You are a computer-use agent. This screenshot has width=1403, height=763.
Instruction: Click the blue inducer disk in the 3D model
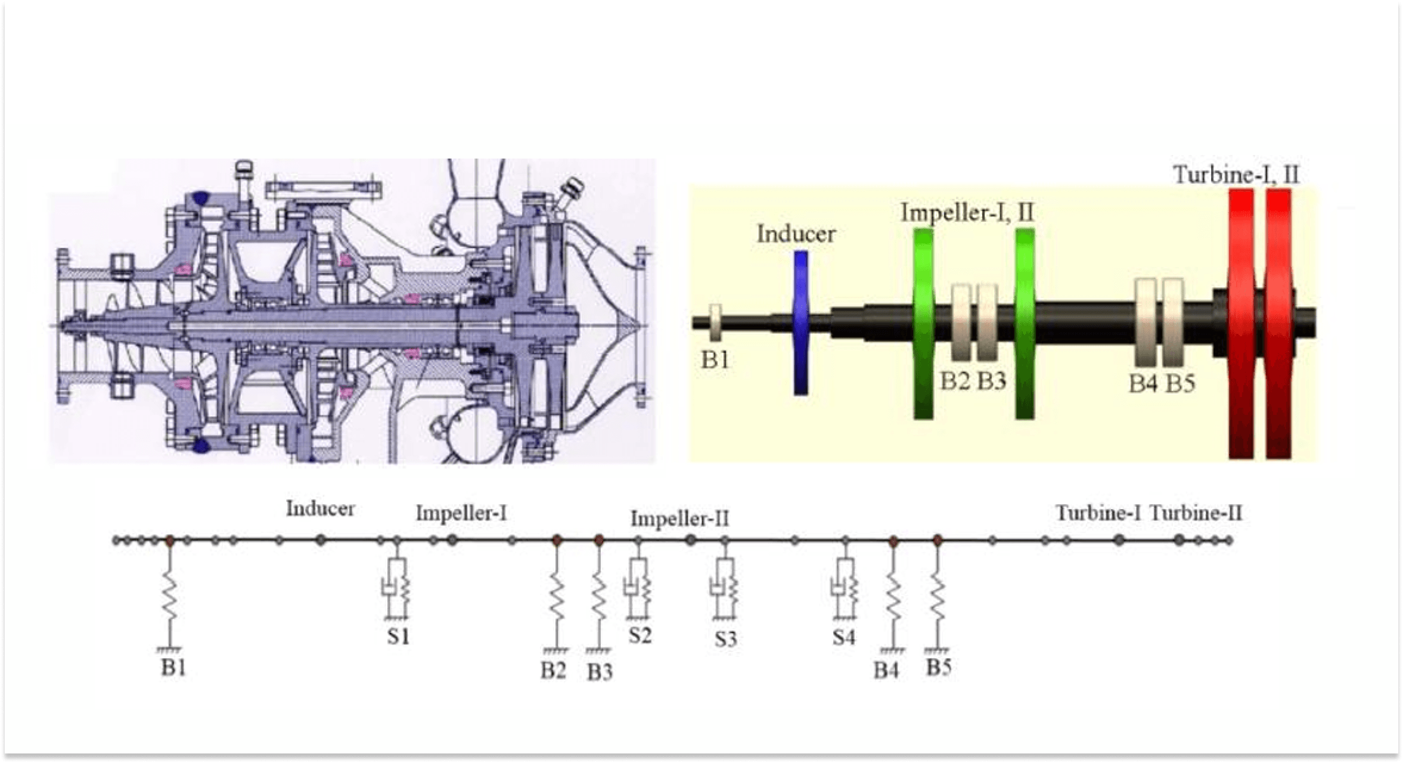pos(801,322)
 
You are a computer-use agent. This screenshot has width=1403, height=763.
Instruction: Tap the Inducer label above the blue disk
pos(796,234)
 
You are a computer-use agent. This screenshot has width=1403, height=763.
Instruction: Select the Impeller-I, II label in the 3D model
pos(967,213)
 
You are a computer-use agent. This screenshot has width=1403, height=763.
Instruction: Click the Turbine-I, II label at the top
pos(1237,175)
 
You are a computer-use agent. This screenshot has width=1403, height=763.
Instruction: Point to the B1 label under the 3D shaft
pos(715,360)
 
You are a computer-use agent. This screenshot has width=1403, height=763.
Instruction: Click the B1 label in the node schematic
pos(173,668)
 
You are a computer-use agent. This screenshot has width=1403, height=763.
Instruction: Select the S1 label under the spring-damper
pos(398,637)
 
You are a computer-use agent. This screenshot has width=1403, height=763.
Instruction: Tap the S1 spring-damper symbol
pos(396,588)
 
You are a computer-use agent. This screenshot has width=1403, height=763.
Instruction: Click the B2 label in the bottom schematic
pos(553,671)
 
